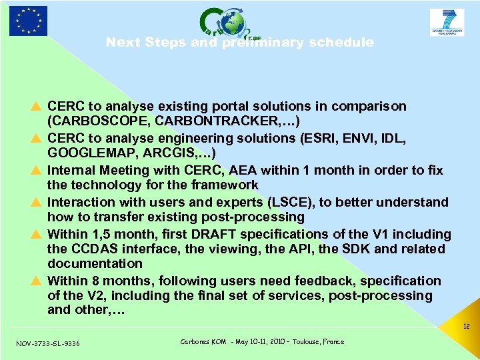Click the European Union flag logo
[28, 21]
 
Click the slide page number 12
[466, 327]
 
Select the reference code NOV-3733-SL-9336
[48, 343]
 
